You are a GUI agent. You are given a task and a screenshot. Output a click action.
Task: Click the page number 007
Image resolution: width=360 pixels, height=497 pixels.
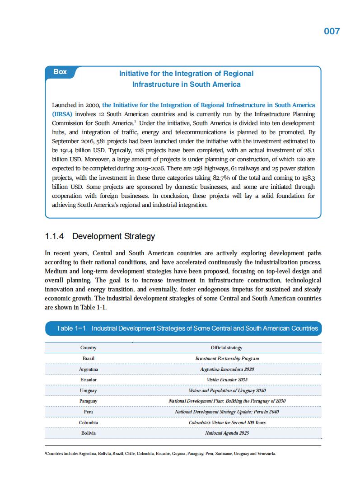click(x=332, y=31)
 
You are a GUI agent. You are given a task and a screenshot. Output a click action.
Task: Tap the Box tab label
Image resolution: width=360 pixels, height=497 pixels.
click(x=60, y=72)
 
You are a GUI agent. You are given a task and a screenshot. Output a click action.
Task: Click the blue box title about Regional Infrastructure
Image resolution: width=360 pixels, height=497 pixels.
click(x=186, y=79)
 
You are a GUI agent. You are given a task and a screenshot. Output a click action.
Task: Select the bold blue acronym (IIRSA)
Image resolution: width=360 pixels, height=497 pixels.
click(x=62, y=114)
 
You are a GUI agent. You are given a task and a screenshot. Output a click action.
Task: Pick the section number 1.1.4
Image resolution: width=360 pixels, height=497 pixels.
click(x=55, y=236)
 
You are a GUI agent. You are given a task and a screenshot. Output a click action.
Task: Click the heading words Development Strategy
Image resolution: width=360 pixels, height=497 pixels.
click(x=113, y=236)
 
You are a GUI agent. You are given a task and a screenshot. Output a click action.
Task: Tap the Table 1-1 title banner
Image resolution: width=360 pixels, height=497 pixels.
click(x=183, y=328)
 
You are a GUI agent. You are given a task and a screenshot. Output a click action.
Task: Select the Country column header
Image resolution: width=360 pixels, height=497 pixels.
click(x=89, y=348)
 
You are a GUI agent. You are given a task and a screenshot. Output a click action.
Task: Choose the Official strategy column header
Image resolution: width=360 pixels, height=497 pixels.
click(x=226, y=348)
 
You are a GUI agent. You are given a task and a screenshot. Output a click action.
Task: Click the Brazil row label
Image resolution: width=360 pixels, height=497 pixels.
click(x=89, y=358)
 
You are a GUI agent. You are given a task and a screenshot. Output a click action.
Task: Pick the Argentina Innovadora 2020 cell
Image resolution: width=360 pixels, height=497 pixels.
click(x=227, y=369)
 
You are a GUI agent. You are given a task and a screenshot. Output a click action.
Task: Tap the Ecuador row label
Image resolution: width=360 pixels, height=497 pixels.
click(x=89, y=380)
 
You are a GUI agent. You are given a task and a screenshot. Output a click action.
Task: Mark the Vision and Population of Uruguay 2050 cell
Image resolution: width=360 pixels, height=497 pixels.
click(x=227, y=390)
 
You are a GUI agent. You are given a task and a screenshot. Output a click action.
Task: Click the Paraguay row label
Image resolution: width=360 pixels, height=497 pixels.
click(x=89, y=401)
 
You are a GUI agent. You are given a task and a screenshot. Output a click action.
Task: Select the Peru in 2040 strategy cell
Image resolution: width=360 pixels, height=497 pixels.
click(x=227, y=412)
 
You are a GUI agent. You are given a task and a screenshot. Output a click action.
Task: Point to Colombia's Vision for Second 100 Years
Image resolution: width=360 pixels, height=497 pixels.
click(x=227, y=422)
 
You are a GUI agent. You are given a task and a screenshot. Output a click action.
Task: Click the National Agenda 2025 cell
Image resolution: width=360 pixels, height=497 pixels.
click(x=227, y=433)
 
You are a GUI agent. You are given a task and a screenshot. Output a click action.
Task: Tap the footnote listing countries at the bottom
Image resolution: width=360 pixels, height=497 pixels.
click(x=160, y=453)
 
